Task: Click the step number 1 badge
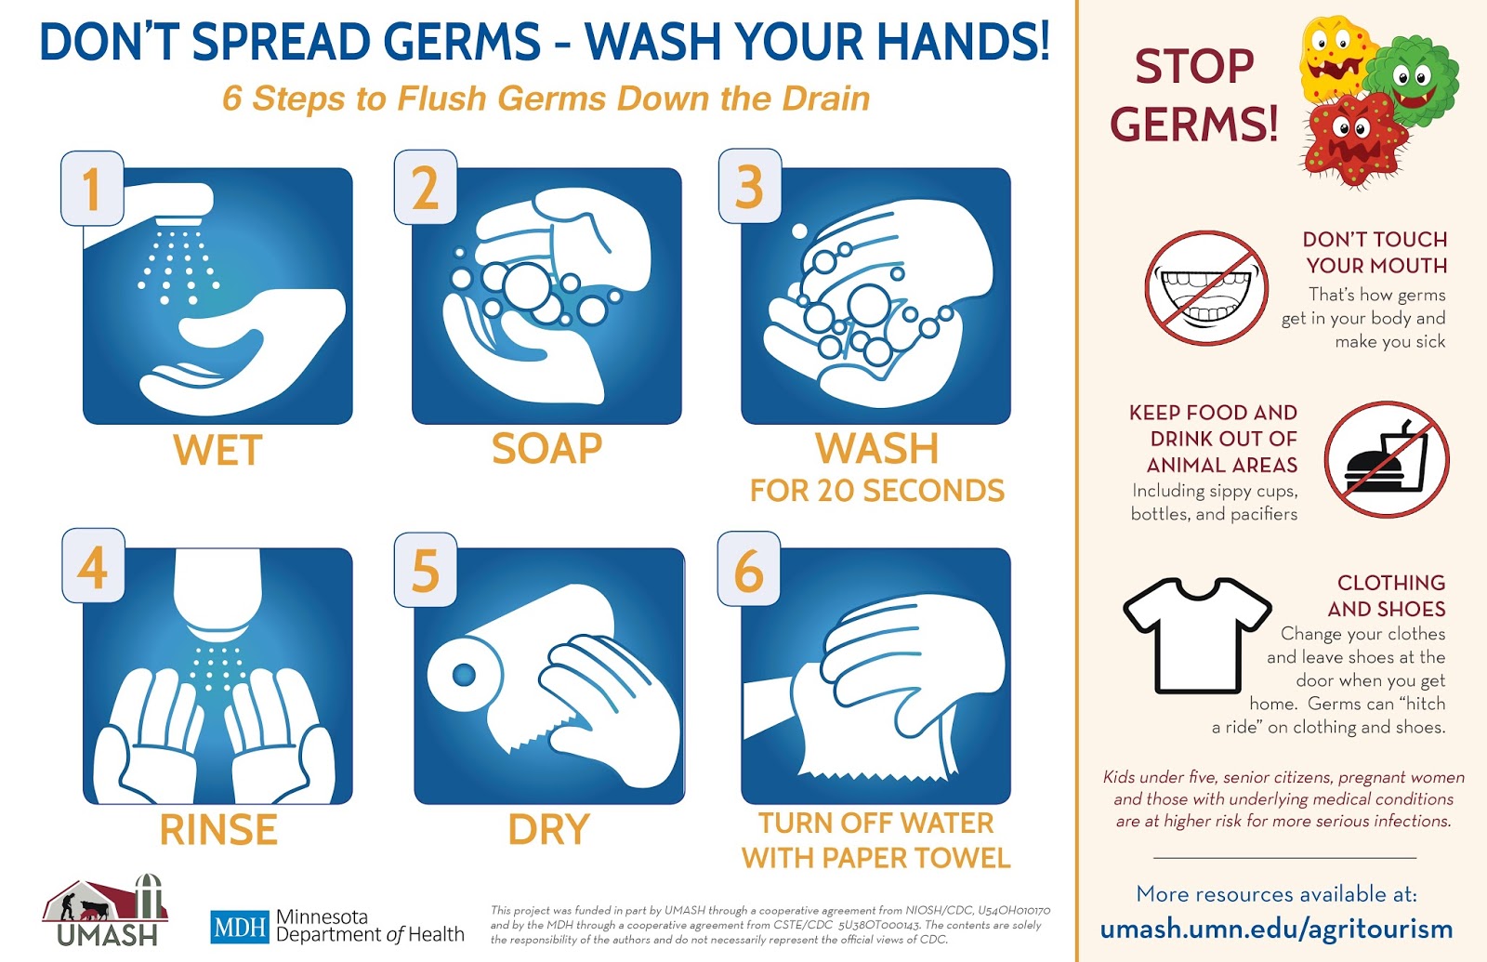point(92,189)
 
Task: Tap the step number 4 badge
point(93,566)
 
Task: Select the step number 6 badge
point(749,570)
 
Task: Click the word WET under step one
point(217,451)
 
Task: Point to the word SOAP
point(546,449)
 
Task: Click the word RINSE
point(218,830)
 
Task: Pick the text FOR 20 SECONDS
point(876,491)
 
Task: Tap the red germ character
point(1352,139)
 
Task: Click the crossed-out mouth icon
point(1206,288)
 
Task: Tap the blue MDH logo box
point(239,927)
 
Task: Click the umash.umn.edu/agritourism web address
point(1276,929)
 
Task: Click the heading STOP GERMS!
point(1194,95)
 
